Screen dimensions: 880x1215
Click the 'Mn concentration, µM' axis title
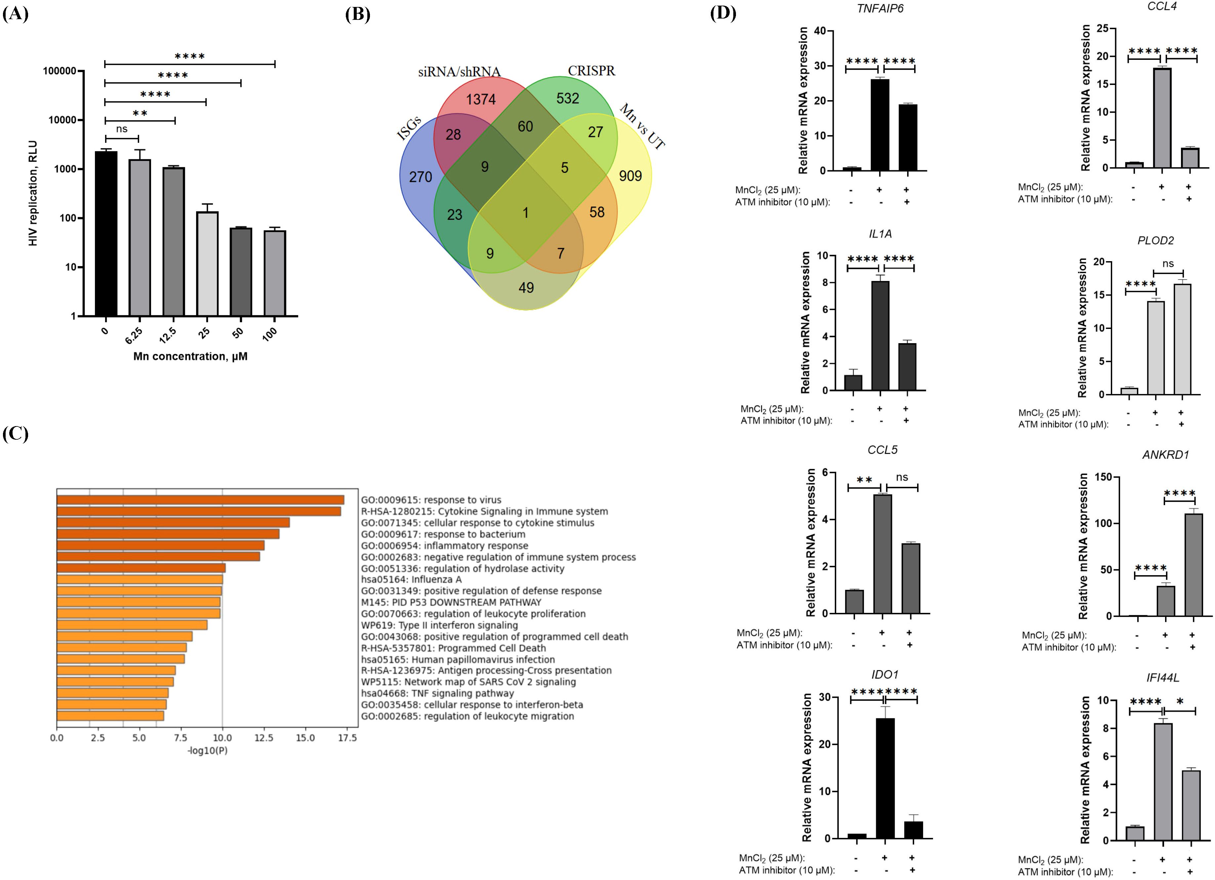click(190, 356)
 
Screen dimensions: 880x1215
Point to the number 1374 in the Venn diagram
click(480, 99)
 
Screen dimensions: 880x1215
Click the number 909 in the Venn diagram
click(630, 176)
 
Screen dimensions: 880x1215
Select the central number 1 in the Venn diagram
click(526, 213)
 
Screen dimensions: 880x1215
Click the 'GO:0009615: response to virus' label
click(431, 500)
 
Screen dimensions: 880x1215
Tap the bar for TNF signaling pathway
click(112, 693)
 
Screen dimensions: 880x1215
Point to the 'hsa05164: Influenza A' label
click(411, 580)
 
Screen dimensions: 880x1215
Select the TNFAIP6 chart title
click(880, 9)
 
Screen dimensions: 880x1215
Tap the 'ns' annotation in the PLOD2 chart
click(1168, 263)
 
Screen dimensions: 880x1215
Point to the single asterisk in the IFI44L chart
click(1180, 701)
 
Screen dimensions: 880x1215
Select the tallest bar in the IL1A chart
click(880, 336)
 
